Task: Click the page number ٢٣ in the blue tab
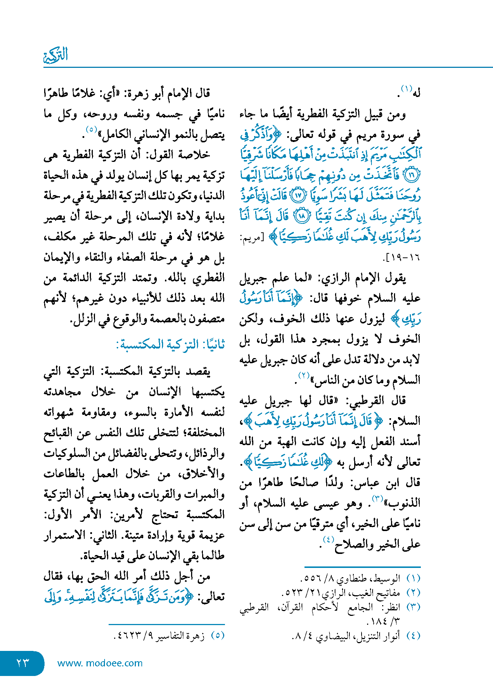click(22, 663)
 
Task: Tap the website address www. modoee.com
click(100, 663)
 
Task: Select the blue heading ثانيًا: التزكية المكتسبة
click(170, 344)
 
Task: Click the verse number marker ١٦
click(412, 175)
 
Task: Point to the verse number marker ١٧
click(298, 195)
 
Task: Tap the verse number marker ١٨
click(301, 216)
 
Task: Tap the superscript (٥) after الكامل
click(91, 130)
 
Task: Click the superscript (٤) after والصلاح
click(328, 540)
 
